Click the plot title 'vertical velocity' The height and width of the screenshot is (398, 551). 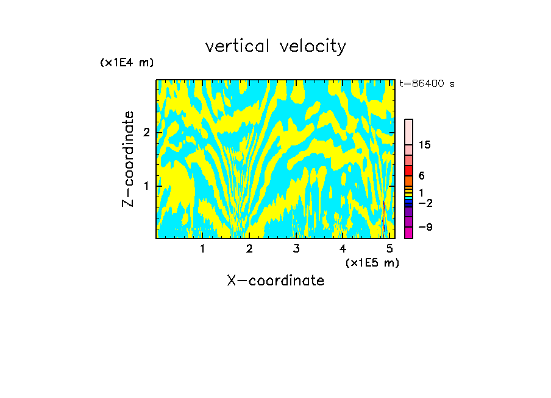tap(275, 46)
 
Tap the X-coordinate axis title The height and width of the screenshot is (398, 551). tap(275, 281)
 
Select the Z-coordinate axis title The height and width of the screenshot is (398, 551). tap(128, 159)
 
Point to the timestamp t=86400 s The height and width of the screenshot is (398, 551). tap(427, 84)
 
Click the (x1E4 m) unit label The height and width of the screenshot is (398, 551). tap(127, 62)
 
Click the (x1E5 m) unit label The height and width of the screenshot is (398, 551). tap(372, 262)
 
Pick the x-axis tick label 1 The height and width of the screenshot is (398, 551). tap(203, 248)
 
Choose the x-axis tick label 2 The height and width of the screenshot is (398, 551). tap(249, 248)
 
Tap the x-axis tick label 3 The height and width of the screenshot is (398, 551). tap(296, 248)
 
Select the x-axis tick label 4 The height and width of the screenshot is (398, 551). tap(343, 248)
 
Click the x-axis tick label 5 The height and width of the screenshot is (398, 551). tap(389, 248)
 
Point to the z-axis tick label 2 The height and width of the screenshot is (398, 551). tap(146, 133)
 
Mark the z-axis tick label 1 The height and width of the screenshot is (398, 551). tap(146, 186)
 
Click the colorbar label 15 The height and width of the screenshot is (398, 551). tap(425, 145)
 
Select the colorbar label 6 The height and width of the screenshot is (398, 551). tap(422, 176)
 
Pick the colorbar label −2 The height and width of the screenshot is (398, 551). tap(425, 203)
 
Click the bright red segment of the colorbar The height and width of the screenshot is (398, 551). tap(408, 170)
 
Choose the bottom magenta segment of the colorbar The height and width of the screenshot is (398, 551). tap(408, 232)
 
